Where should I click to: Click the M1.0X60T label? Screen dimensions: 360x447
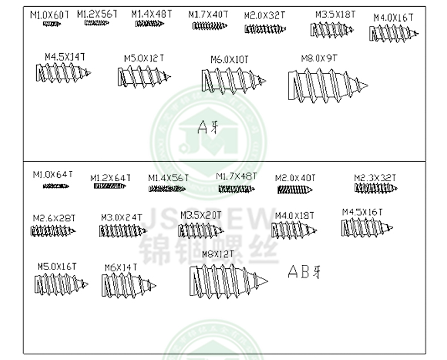(x=50, y=14)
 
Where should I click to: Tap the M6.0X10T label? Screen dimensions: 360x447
(x=229, y=59)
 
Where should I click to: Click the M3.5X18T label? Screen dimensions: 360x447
(x=336, y=14)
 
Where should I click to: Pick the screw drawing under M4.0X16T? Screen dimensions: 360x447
(x=393, y=35)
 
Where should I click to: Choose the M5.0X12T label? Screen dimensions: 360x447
(x=144, y=58)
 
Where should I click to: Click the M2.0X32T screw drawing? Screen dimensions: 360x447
(x=265, y=29)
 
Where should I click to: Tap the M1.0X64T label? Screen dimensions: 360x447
(x=53, y=174)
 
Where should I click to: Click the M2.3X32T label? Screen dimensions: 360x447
(x=376, y=178)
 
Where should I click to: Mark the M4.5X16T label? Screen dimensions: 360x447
(x=362, y=212)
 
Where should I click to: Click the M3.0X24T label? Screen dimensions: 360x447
(x=121, y=217)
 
